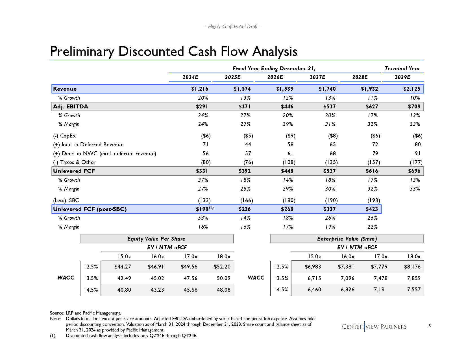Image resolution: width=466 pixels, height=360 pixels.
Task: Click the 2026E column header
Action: [x=275, y=77]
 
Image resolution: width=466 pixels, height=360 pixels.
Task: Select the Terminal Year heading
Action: [x=402, y=69]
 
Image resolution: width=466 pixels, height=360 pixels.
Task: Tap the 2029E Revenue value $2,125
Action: [x=411, y=89]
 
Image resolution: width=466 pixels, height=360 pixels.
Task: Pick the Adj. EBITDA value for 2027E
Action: [x=329, y=107]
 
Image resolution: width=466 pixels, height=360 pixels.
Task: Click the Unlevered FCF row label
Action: [x=74, y=171]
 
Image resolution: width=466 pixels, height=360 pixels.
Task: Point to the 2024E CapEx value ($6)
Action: [x=206, y=136]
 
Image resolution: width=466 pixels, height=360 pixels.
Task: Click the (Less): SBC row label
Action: [x=66, y=200]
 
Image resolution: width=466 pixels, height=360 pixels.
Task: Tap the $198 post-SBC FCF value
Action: [x=202, y=209]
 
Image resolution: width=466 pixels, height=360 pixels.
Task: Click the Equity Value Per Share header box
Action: [x=156, y=239]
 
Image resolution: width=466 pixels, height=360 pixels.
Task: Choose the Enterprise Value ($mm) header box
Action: [x=347, y=239]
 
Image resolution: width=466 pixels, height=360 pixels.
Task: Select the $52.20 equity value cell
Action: [x=223, y=267]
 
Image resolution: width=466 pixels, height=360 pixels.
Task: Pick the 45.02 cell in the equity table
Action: [x=157, y=278]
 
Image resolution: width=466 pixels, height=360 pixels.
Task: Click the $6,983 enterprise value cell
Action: [x=313, y=267]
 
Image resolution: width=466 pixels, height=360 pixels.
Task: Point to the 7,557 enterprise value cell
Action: [x=414, y=290]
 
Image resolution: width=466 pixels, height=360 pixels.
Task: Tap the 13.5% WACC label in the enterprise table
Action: [x=281, y=278]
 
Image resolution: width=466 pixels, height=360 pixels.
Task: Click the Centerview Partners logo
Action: [x=374, y=327]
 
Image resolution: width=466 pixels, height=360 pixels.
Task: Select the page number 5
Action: [x=430, y=326]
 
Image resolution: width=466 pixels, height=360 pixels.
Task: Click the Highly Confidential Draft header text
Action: [x=233, y=27]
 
